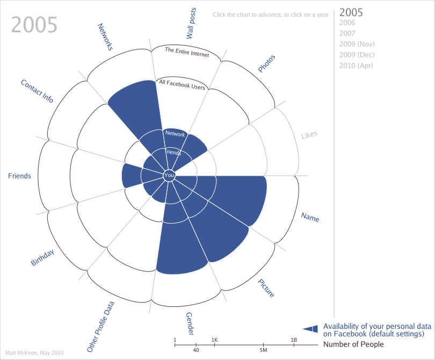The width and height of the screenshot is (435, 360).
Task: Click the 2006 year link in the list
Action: click(x=347, y=23)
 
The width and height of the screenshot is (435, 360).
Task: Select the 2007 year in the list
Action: click(x=347, y=33)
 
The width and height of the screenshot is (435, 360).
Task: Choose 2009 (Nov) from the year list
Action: click(x=357, y=44)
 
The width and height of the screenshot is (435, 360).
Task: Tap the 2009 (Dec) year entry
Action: click(x=357, y=55)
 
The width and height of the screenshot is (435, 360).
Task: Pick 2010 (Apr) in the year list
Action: click(x=356, y=66)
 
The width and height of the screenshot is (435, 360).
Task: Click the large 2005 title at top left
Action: click(x=34, y=25)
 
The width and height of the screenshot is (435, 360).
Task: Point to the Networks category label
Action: click(x=105, y=37)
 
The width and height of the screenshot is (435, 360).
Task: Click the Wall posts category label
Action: click(x=191, y=24)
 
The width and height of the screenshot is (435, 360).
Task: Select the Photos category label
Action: click(x=267, y=63)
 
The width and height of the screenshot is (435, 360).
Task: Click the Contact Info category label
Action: click(x=37, y=91)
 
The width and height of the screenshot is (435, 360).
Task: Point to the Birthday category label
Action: click(x=42, y=257)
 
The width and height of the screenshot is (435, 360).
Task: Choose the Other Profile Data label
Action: click(x=100, y=327)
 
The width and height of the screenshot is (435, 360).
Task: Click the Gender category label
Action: click(x=190, y=323)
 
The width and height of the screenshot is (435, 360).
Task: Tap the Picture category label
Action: click(x=266, y=288)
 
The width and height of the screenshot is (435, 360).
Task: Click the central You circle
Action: click(x=169, y=176)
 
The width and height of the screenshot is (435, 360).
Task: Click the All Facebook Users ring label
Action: click(x=182, y=84)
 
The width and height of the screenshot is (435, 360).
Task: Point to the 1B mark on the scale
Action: click(x=294, y=340)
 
